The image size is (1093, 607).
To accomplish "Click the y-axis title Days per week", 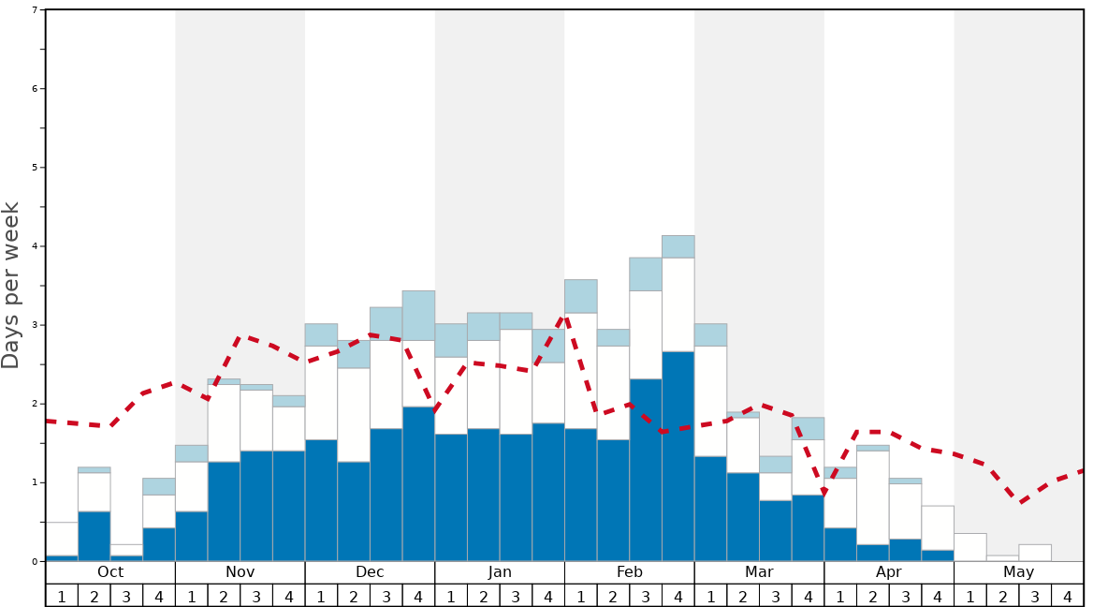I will pyautogui.click(x=11, y=285).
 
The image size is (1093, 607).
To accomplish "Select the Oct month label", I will pyautogui.click(x=110, y=572).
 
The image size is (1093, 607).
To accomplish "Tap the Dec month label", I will pyautogui.click(x=370, y=572).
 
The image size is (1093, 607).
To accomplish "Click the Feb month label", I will pyautogui.click(x=630, y=572).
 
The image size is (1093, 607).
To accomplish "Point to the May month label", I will pyautogui.click(x=1019, y=572).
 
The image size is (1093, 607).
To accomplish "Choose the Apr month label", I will pyautogui.click(x=889, y=572).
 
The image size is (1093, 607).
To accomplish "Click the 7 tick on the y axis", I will pyautogui.click(x=35, y=10).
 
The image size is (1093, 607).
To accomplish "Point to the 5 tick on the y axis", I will pyautogui.click(x=35, y=168).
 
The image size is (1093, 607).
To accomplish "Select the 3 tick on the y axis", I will pyautogui.click(x=35, y=325).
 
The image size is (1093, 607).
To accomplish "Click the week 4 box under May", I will pyautogui.click(x=1068, y=596).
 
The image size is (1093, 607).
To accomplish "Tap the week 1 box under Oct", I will pyautogui.click(x=62, y=596).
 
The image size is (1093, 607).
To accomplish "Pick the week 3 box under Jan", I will pyautogui.click(x=516, y=596).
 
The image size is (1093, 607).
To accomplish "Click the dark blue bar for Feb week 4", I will pyautogui.click(x=678, y=456).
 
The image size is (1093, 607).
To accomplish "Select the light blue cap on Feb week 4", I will pyautogui.click(x=678, y=246).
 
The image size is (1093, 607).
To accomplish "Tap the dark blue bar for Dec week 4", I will pyautogui.click(x=418, y=483).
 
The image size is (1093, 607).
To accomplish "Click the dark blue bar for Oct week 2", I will pyautogui.click(x=95, y=536).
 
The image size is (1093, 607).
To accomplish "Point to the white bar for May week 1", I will pyautogui.click(x=970, y=547).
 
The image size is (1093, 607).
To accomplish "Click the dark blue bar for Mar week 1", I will pyautogui.click(x=710, y=509).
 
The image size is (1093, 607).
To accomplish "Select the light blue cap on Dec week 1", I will pyautogui.click(x=321, y=334).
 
